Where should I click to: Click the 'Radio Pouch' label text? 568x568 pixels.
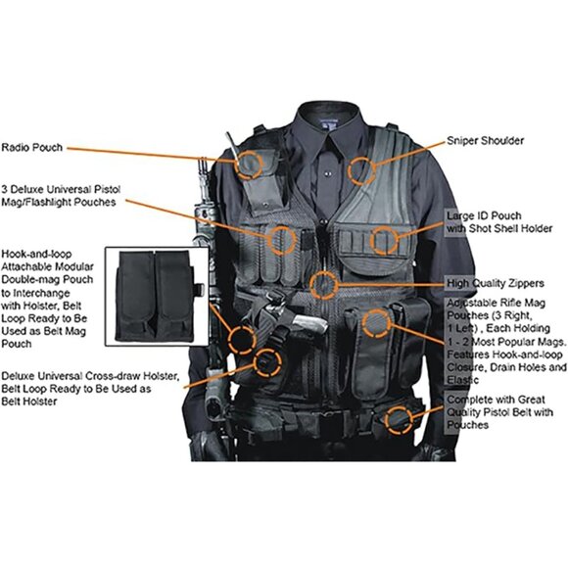pos(31,148)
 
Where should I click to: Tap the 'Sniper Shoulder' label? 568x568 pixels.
pos(485,141)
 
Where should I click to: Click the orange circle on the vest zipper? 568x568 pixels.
pos(324,285)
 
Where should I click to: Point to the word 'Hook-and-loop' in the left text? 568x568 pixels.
pos(35,252)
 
